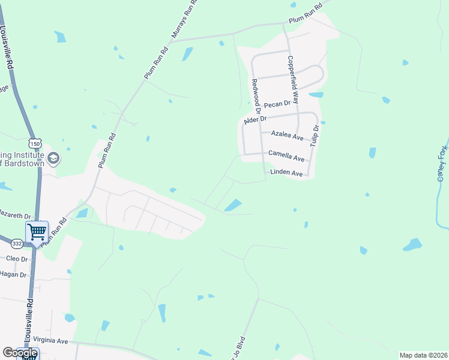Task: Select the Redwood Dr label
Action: click(256, 96)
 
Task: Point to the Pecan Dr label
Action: click(277, 104)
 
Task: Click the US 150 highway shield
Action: click(36, 143)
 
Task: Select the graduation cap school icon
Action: click(53, 158)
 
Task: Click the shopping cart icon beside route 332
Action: click(37, 231)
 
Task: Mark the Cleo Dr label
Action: click(17, 259)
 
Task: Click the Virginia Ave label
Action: click(50, 340)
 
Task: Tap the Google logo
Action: click(20, 353)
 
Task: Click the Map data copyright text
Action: click(423, 355)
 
